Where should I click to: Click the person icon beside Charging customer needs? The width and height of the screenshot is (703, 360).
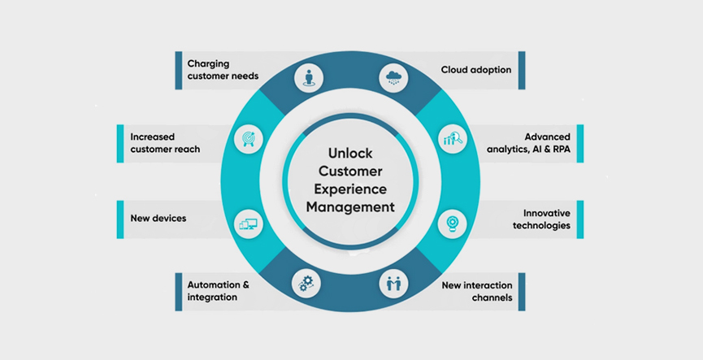309,77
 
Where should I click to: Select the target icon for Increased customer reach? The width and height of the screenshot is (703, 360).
248,139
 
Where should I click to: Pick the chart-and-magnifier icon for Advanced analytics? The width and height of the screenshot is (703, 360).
453,138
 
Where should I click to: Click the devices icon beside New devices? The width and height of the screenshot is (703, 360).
249,223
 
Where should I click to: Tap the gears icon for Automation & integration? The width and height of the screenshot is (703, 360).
306,284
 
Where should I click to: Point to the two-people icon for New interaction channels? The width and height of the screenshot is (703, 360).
393,284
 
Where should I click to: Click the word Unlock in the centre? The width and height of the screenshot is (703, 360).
350,154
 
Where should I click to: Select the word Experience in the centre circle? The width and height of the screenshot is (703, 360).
350,189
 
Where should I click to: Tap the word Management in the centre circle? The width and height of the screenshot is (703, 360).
350,207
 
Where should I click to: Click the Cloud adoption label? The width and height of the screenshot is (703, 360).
476,70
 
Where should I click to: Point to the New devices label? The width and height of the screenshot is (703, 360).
158,219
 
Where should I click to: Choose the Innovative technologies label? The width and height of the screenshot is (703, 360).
541,219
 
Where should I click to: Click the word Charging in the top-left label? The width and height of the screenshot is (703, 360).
209,64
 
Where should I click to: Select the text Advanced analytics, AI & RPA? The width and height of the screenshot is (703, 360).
528,143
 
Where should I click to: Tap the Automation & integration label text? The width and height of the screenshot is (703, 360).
218,291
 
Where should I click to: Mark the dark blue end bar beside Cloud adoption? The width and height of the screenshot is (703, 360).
522,71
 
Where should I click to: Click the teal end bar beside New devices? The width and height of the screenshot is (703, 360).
120,219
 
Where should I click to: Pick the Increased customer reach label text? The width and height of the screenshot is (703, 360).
165,143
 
